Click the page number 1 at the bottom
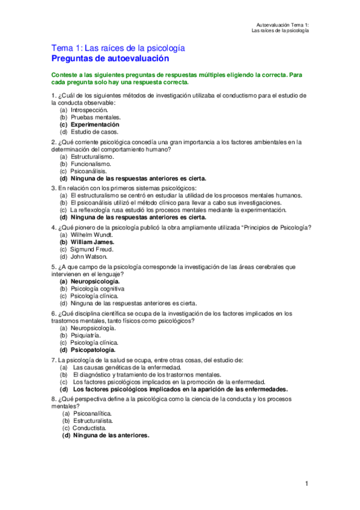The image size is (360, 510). click(x=307, y=484)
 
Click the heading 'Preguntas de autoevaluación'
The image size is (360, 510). click(x=111, y=58)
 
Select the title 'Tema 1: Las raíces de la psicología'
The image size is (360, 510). click(x=118, y=48)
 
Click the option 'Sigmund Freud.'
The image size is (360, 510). click(x=91, y=249)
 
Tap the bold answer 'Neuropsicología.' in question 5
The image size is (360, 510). click(x=95, y=281)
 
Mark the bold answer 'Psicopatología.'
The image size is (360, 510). click(x=93, y=349)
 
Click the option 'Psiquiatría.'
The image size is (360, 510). click(x=87, y=335)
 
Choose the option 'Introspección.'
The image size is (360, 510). click(x=89, y=110)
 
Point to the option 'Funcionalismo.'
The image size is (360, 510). click(x=91, y=164)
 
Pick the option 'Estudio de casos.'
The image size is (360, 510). click(x=94, y=132)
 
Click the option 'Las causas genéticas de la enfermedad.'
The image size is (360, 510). click(x=127, y=367)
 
